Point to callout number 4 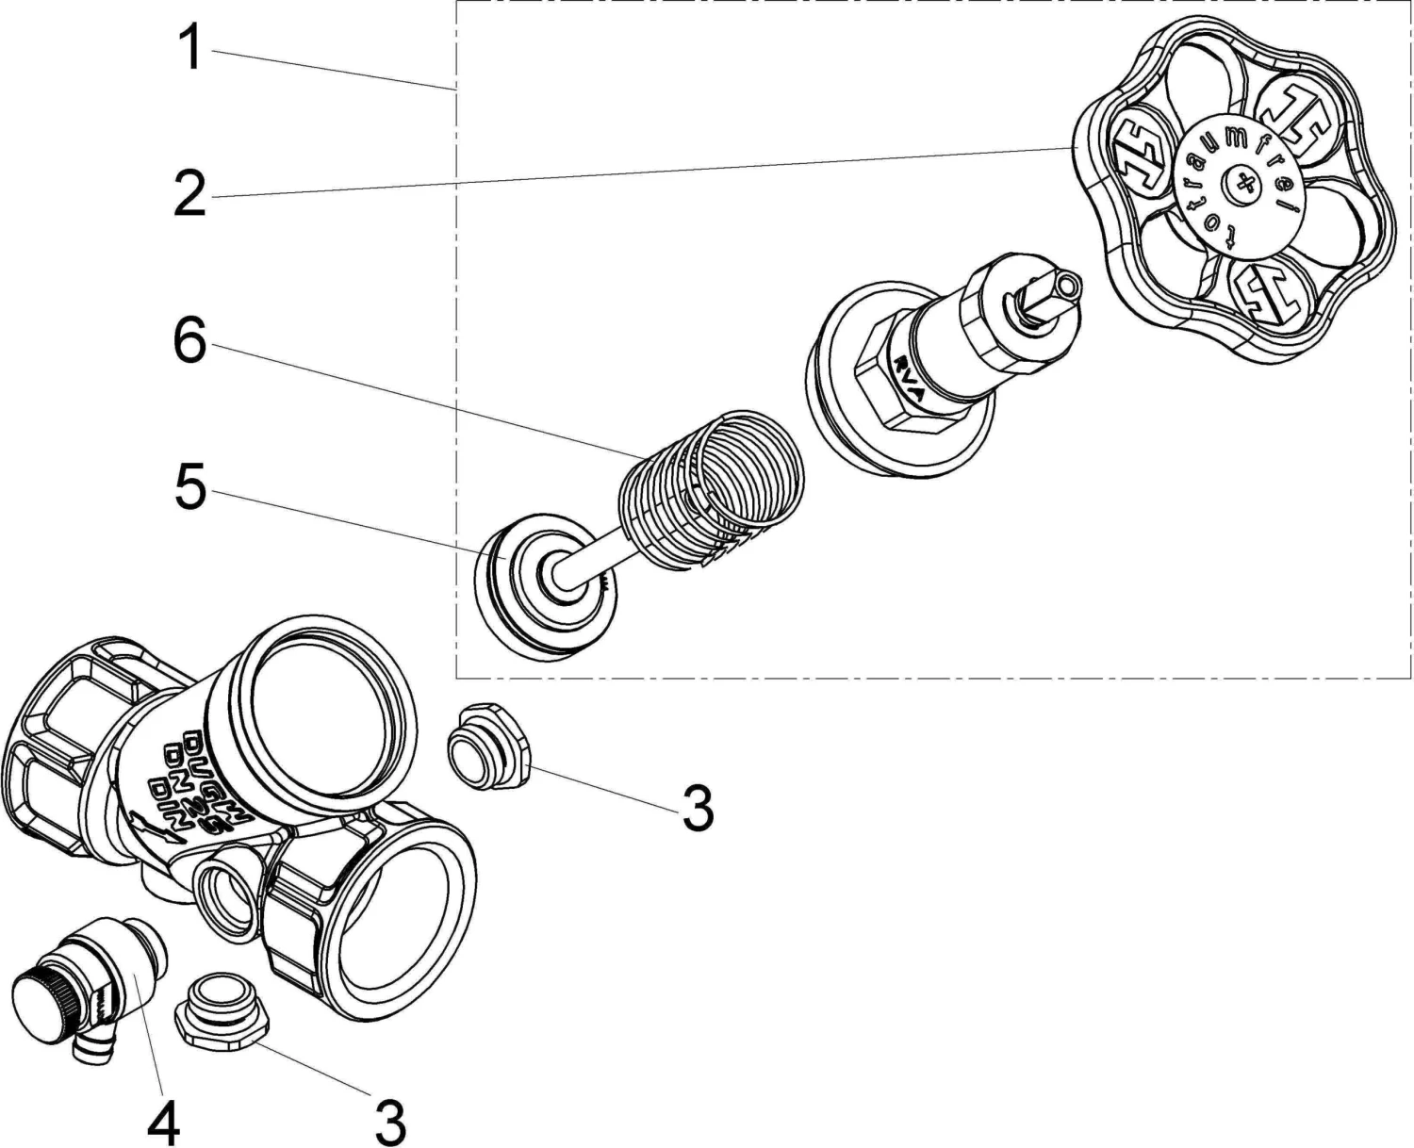pos(163,1121)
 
